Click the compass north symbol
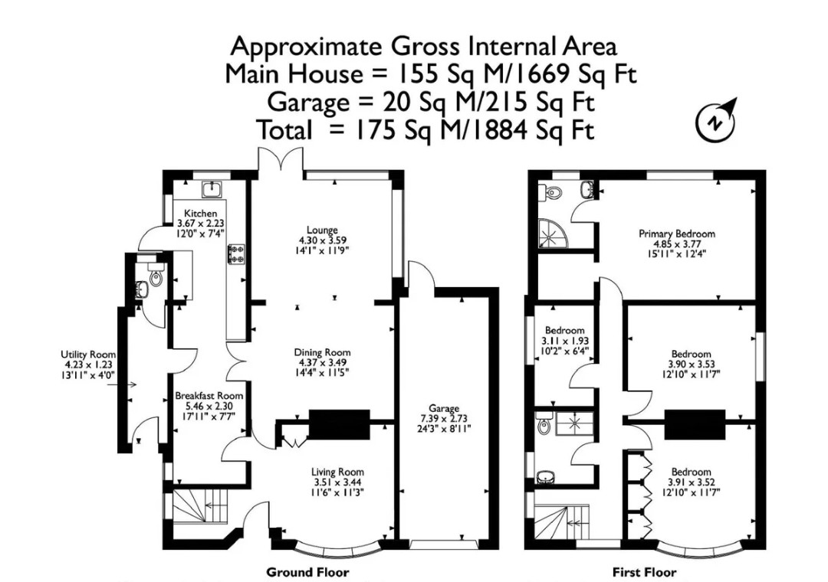pos(715,121)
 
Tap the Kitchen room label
pos(200,214)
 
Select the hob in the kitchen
pos(236,253)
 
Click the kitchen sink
pos(213,188)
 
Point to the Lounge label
pos(322,230)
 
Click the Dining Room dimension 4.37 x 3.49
pos(322,362)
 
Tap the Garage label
pos(444,408)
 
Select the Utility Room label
pos(88,355)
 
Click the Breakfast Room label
pos(209,396)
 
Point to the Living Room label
pos(337,472)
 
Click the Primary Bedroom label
pos(677,234)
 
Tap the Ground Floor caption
pos(307,572)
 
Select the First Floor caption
pos(644,572)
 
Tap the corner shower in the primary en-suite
pos(552,234)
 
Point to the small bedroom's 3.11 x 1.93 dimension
pos(564,341)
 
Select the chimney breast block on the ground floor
pos(339,423)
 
